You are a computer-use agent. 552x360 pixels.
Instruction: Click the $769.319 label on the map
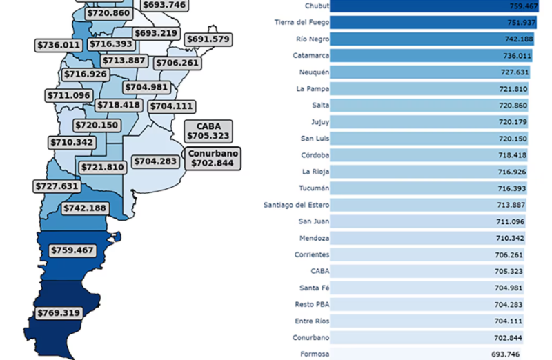point(59,312)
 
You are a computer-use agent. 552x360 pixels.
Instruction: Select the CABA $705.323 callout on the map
point(208,131)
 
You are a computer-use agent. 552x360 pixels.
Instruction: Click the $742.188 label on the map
point(85,208)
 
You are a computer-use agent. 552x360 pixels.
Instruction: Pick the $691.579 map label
point(208,39)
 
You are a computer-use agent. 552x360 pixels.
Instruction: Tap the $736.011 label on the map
point(59,45)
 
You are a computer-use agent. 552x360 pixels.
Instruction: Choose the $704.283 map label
point(156,161)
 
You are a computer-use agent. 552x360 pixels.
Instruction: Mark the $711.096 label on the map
point(70,95)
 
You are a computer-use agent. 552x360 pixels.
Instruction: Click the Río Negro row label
point(312,39)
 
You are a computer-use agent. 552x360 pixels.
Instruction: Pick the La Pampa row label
point(313,88)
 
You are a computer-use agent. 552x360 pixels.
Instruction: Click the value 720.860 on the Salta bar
point(513,106)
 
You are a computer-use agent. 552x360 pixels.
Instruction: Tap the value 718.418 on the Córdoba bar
point(513,155)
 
